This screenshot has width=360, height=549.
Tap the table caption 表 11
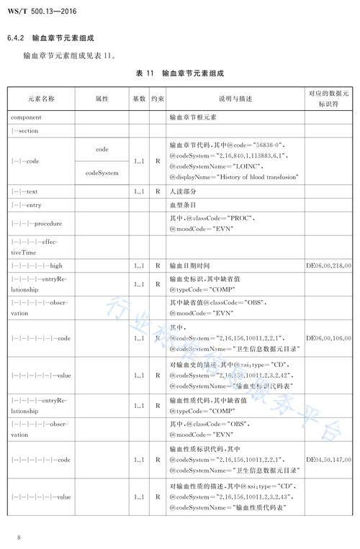(145, 74)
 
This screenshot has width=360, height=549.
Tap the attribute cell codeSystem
(102, 173)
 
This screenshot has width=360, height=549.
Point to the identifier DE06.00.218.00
(328, 266)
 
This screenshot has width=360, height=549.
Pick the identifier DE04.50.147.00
(328, 459)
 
